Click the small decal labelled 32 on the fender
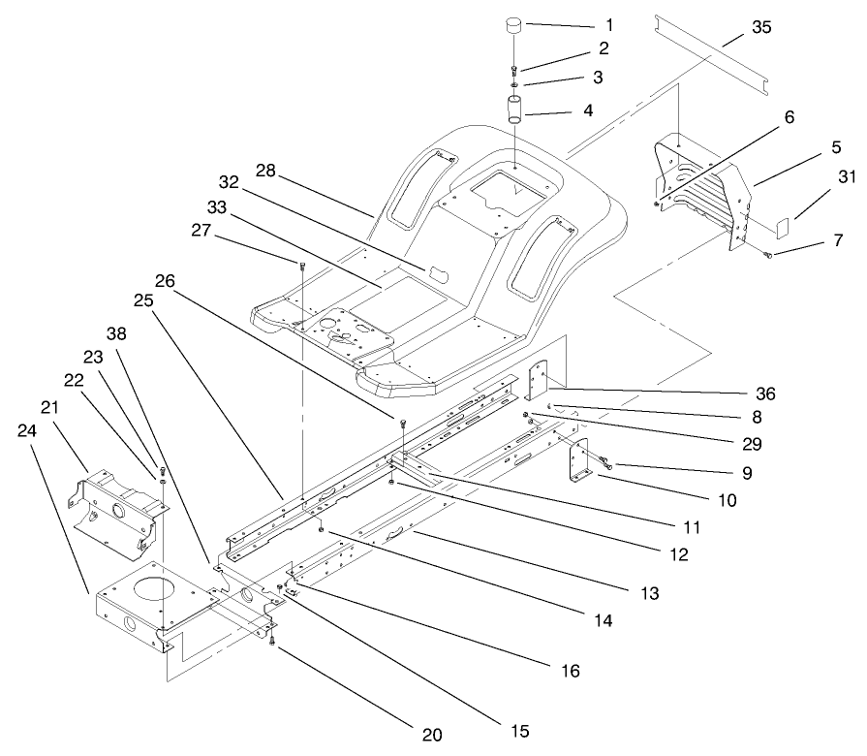click(x=433, y=241)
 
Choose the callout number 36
click(x=766, y=394)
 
